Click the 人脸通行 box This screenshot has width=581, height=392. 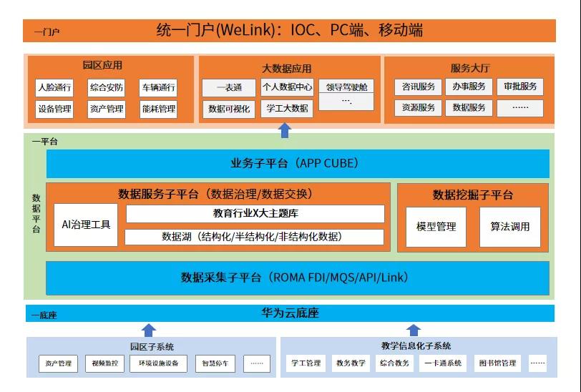54,89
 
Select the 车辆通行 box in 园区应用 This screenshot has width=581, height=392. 158,89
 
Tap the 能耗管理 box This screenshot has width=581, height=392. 158,109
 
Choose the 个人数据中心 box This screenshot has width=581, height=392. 287,87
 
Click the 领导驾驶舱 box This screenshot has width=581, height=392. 346,87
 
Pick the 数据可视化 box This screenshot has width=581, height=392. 229,109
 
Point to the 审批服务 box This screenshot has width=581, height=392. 520,87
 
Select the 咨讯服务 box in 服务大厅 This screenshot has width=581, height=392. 419,87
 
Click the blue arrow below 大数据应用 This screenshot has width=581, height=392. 285,129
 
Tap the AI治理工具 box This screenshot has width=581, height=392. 86,225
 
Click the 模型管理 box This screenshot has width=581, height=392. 436,227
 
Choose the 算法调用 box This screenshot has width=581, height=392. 510,227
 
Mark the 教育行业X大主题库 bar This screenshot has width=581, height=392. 255,214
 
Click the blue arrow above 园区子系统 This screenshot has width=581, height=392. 149,330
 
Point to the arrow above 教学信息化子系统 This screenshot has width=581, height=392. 414,330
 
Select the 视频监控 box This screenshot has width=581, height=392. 104,364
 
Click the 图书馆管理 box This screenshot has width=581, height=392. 497,363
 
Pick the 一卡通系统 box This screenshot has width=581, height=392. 444,363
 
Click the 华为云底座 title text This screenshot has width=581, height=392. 290,313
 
